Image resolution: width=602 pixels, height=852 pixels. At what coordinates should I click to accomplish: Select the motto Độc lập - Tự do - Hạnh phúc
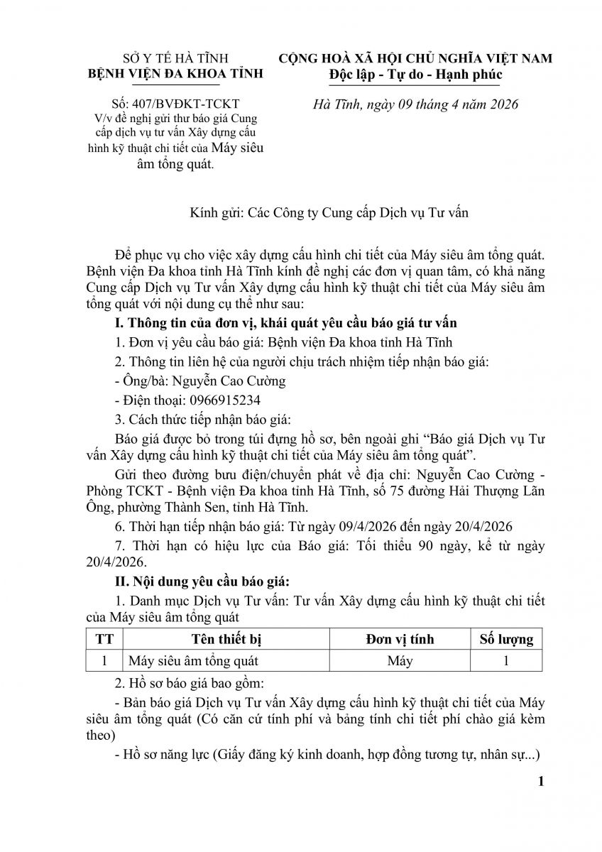pyautogui.click(x=415, y=75)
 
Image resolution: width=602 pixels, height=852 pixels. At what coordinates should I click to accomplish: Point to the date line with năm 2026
pyautogui.click(x=416, y=104)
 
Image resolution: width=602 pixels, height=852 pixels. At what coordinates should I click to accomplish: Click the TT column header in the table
pyautogui.click(x=104, y=639)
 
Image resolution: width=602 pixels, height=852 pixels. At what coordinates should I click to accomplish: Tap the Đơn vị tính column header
pyautogui.click(x=400, y=639)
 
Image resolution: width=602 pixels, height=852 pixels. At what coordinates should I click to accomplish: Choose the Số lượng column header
pyautogui.click(x=506, y=639)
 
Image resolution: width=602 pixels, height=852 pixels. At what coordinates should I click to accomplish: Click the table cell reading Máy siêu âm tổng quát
pyautogui.click(x=193, y=660)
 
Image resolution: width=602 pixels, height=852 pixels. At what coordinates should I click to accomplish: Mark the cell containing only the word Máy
pyautogui.click(x=400, y=660)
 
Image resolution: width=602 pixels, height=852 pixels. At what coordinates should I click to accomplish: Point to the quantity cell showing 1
pyautogui.click(x=506, y=660)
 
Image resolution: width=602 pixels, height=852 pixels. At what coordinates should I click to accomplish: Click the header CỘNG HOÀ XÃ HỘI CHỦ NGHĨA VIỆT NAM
pyautogui.click(x=415, y=58)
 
